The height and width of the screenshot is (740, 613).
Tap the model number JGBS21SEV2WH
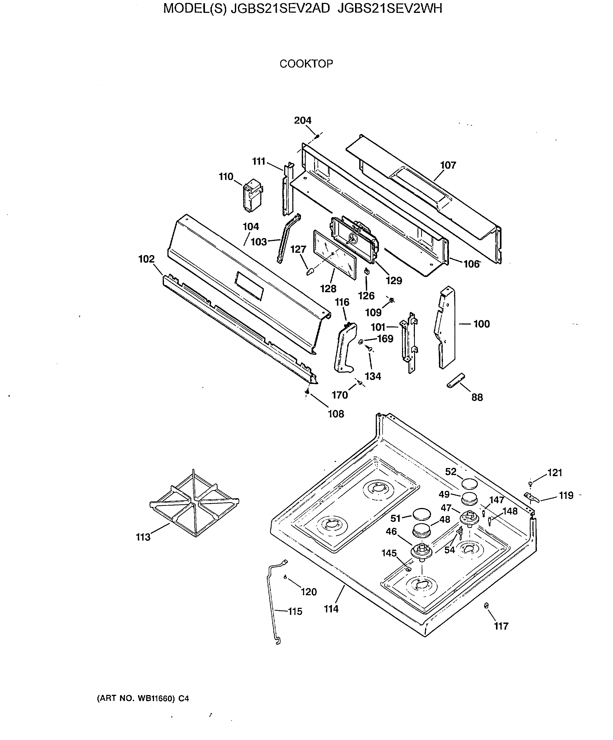tap(389, 8)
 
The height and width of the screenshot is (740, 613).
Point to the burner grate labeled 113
tap(194, 503)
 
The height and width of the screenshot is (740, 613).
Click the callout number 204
tap(303, 121)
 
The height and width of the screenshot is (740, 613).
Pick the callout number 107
tap(448, 165)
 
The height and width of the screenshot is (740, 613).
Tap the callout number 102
tap(146, 259)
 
